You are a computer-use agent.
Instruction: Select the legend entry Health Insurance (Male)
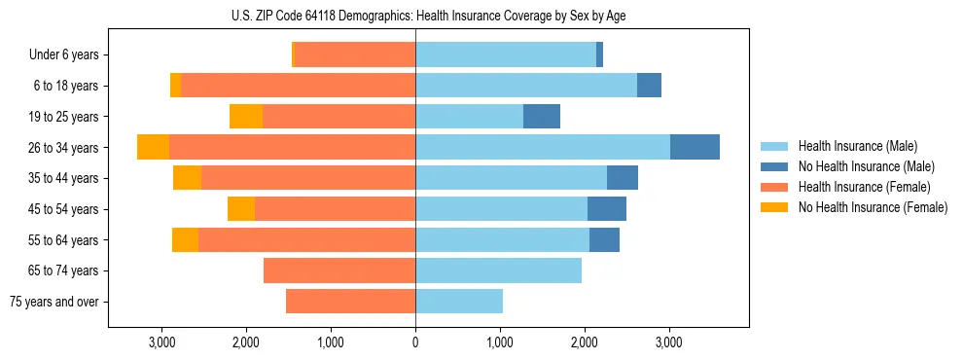click(x=857, y=146)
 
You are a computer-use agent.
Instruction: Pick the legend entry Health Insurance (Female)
click(x=863, y=187)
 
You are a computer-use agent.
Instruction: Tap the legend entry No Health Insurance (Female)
click(x=872, y=207)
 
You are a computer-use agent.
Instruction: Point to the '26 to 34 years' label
click(x=65, y=148)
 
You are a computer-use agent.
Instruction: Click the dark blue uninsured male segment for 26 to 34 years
click(x=695, y=147)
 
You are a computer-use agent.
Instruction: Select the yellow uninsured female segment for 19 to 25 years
click(x=246, y=117)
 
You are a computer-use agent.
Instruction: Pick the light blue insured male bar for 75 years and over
click(x=459, y=302)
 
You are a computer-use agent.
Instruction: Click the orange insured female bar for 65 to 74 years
click(x=339, y=270)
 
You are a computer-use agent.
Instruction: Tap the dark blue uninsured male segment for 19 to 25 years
click(x=542, y=117)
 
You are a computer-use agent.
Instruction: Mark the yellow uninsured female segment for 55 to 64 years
click(x=185, y=240)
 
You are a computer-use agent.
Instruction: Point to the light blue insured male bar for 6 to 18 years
click(x=526, y=86)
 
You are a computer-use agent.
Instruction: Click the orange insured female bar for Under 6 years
click(x=355, y=55)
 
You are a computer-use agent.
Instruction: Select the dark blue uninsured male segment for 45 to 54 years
click(x=607, y=209)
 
